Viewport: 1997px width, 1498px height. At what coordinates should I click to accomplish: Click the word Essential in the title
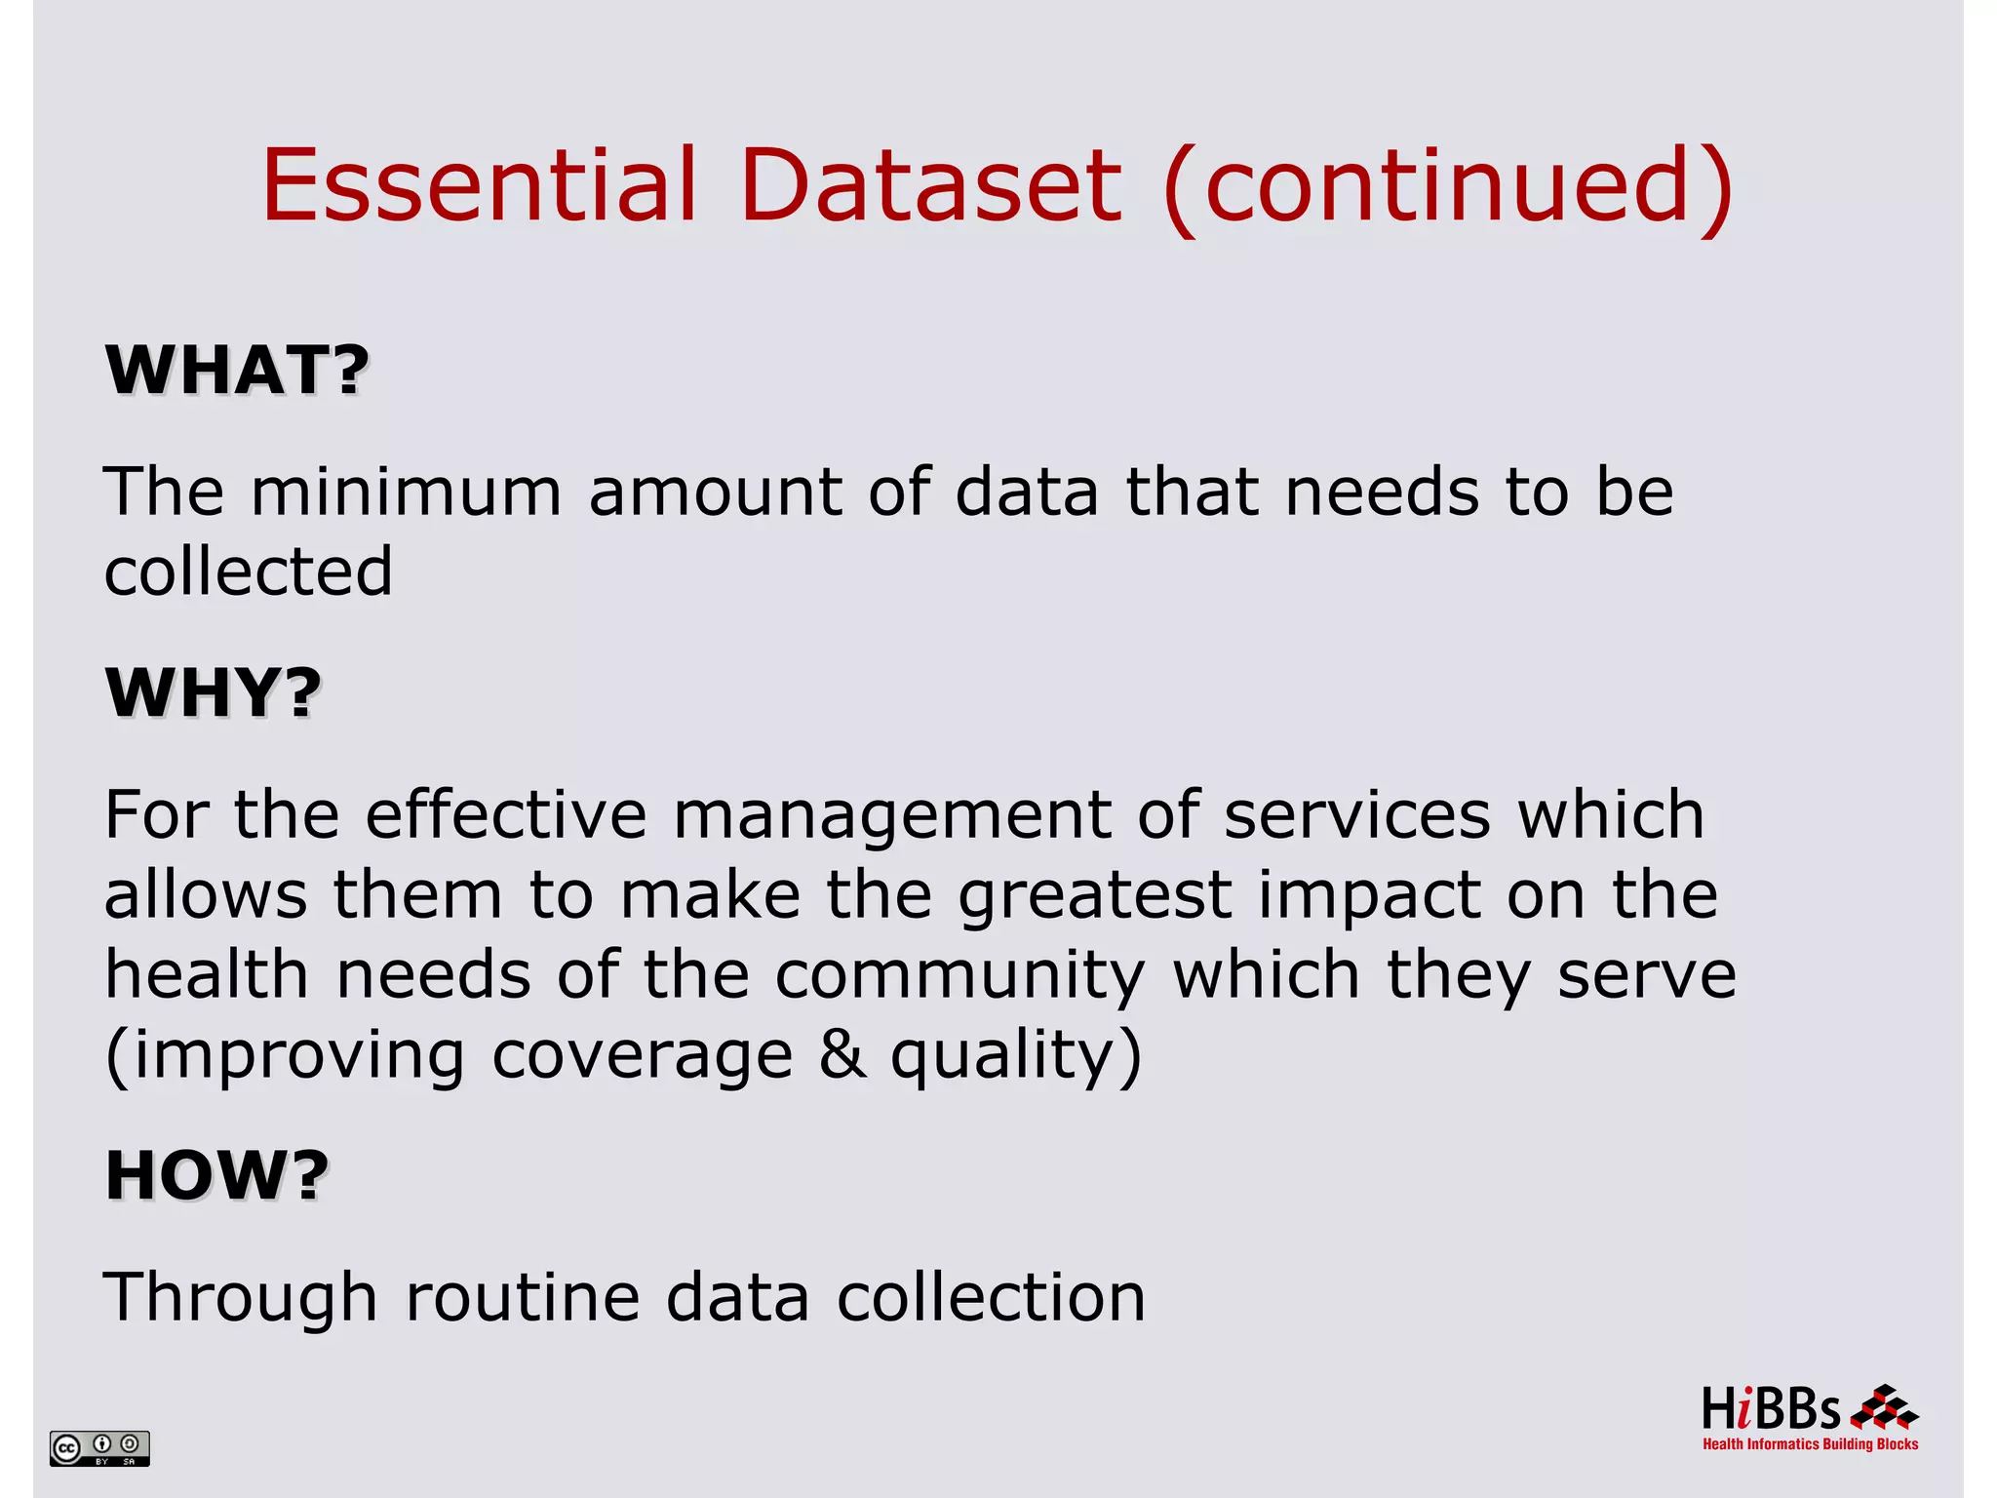[479, 184]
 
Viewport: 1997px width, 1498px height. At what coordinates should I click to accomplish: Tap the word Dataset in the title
[931, 184]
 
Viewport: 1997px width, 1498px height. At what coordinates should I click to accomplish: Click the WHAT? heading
[237, 371]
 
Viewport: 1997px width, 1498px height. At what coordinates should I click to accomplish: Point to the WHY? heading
[213, 693]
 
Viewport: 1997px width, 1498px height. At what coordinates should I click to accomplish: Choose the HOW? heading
[216, 1175]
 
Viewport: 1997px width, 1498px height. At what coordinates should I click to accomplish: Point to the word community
[960, 977]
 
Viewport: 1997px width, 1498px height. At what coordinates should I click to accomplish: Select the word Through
[240, 1299]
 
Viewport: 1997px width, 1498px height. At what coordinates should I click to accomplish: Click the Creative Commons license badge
[99, 1448]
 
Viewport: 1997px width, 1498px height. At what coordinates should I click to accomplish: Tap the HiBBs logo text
[1771, 1410]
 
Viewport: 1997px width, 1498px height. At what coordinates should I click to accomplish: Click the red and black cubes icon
[1884, 1408]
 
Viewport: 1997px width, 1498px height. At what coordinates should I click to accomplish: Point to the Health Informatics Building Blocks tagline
[1810, 1444]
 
